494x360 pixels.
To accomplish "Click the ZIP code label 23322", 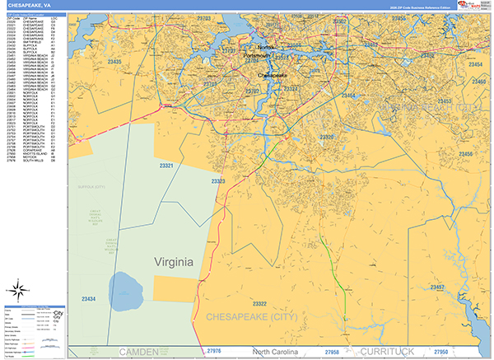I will pos(265,304).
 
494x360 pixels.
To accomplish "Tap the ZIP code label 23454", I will pos(477,63).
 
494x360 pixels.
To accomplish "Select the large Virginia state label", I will pos(174,262).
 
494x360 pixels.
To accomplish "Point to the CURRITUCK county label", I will pos(392,351).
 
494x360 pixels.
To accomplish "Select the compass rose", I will pos(16,290).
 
